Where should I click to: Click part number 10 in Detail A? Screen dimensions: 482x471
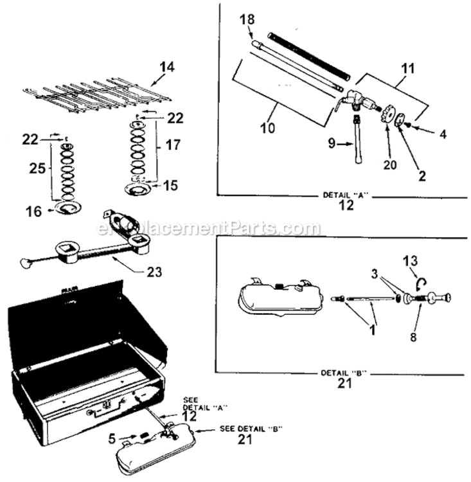[x=268, y=127]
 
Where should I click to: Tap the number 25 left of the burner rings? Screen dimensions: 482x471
[x=36, y=168]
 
